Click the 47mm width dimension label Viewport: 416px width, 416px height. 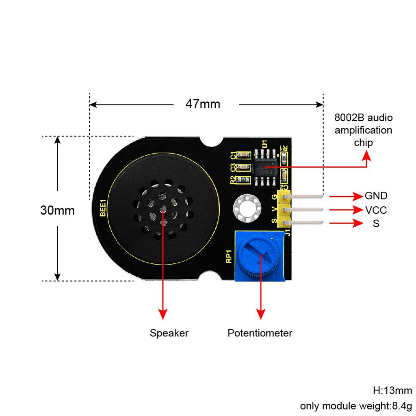point(203,104)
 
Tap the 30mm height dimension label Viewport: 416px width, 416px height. point(57,211)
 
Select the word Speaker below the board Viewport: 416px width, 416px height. point(169,334)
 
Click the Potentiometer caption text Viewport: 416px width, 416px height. point(260,334)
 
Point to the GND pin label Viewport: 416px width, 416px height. point(376,196)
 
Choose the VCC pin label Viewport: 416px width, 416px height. point(376,210)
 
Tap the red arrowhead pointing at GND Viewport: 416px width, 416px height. point(358,197)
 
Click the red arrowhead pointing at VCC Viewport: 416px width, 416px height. point(358,210)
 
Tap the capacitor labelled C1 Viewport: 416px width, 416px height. point(245,155)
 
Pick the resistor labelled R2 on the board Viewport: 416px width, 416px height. point(245,179)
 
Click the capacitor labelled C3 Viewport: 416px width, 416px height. point(245,167)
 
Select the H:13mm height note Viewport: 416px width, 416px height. point(392,391)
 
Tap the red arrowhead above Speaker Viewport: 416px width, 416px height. point(163,314)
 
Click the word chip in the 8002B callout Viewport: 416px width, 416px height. point(363,143)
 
